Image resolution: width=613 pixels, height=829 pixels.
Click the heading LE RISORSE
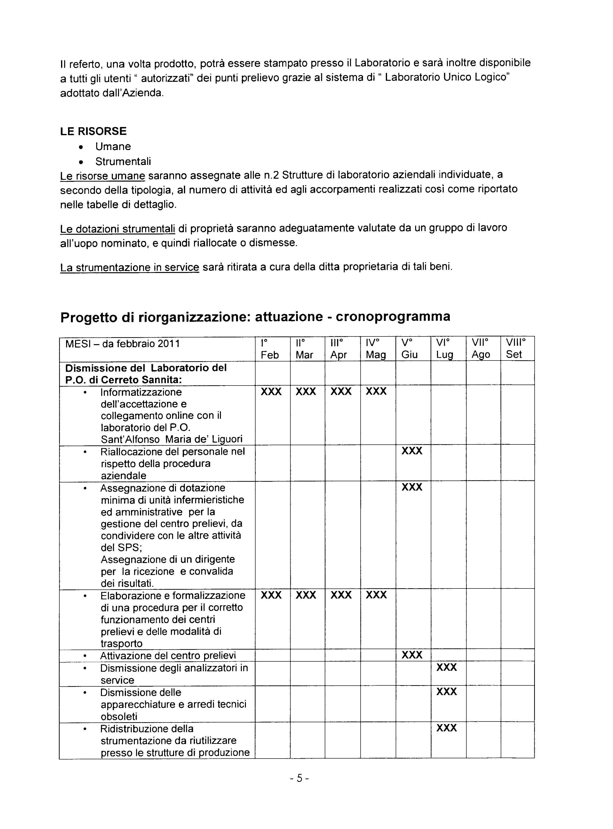(x=94, y=131)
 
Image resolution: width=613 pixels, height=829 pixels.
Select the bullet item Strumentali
(x=123, y=161)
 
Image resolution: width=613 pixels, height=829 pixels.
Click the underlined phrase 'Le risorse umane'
(x=102, y=176)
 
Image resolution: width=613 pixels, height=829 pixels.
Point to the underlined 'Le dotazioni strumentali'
(x=117, y=228)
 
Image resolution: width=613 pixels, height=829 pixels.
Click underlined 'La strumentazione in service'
(x=130, y=267)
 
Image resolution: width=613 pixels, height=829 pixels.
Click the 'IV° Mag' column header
(x=376, y=349)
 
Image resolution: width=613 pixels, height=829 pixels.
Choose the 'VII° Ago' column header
(x=481, y=349)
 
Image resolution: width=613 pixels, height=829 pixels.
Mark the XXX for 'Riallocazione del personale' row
(x=412, y=451)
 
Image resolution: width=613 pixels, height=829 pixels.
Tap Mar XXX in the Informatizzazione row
(x=306, y=392)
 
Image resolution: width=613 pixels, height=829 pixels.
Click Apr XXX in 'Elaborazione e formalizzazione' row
(x=341, y=595)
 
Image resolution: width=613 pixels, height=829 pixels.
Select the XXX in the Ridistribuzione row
(x=446, y=728)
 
